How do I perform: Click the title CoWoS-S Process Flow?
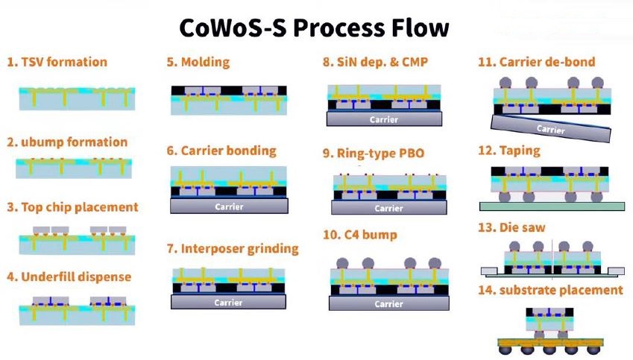tap(314, 28)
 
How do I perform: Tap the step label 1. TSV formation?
tap(57, 62)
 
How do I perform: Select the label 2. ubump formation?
tap(67, 142)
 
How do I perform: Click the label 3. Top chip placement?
tap(72, 207)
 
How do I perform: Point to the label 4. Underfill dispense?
tap(69, 277)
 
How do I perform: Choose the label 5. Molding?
tap(198, 62)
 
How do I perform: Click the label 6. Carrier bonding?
tap(221, 151)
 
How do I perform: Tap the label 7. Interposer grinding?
tap(233, 249)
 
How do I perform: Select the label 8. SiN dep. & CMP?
tap(376, 62)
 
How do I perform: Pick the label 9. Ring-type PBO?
tap(374, 154)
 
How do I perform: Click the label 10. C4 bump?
tap(360, 235)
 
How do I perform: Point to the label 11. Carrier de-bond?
tap(537, 62)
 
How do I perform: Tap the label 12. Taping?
tap(509, 151)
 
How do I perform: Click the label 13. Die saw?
tap(511, 227)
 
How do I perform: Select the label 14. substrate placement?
tap(551, 290)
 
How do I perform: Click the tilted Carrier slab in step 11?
tap(551, 128)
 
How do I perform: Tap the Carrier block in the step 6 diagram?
tap(229, 206)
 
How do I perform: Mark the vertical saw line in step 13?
tap(552, 259)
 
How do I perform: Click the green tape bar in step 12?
tap(552, 206)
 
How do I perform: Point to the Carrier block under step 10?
tap(388, 303)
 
